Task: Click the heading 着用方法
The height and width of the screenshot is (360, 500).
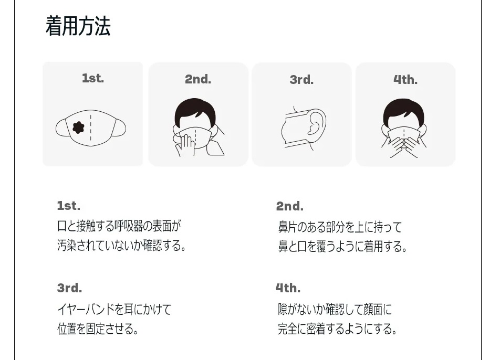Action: pos(78,26)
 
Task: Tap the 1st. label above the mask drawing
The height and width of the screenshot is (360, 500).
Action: pos(93,79)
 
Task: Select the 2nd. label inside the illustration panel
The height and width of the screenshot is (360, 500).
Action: pos(198,79)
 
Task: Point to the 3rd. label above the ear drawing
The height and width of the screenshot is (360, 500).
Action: pos(301,80)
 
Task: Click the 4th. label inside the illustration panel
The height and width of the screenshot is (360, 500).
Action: pos(405,80)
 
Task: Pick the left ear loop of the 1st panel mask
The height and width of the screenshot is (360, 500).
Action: pos(62,128)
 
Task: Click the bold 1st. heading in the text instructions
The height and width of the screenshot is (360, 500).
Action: pos(69,205)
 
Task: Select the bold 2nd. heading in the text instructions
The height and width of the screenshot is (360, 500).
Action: pos(290,206)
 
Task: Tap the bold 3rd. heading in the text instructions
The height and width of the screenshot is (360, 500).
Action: pos(70,288)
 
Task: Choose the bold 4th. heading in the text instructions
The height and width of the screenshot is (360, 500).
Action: pos(288,288)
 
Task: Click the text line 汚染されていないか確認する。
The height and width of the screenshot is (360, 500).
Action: pos(122,246)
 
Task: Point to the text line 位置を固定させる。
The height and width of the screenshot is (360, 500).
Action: pos(98,329)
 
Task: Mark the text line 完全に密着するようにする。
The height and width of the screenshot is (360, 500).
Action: pos(337,329)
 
